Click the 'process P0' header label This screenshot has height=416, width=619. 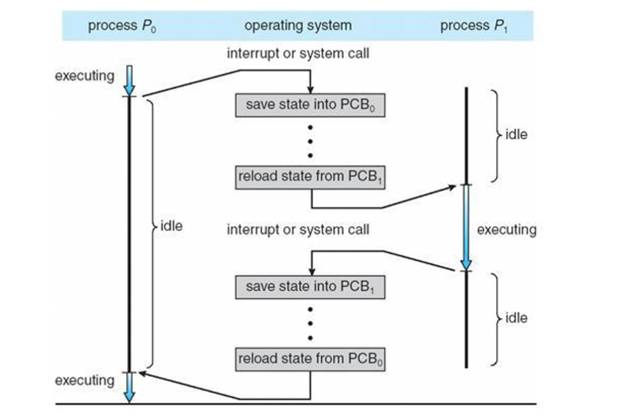(x=122, y=26)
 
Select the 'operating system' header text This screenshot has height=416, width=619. (x=297, y=26)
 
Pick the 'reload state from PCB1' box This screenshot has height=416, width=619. (x=309, y=178)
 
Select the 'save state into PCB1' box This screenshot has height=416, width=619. (x=309, y=287)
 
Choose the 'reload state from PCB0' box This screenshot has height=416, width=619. (x=309, y=359)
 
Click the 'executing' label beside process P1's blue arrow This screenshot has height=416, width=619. (x=506, y=230)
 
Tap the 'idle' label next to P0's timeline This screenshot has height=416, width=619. (x=171, y=227)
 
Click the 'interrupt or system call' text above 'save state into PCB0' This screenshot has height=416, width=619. (x=297, y=54)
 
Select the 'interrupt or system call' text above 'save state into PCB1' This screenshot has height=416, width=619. (x=297, y=230)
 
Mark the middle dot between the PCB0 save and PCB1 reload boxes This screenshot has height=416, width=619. (x=310, y=142)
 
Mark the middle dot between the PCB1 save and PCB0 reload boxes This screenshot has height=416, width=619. (x=310, y=323)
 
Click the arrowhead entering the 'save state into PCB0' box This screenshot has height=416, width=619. (x=310, y=90)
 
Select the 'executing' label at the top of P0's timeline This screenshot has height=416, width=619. (x=84, y=76)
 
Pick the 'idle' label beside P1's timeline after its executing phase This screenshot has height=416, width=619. (x=516, y=318)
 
